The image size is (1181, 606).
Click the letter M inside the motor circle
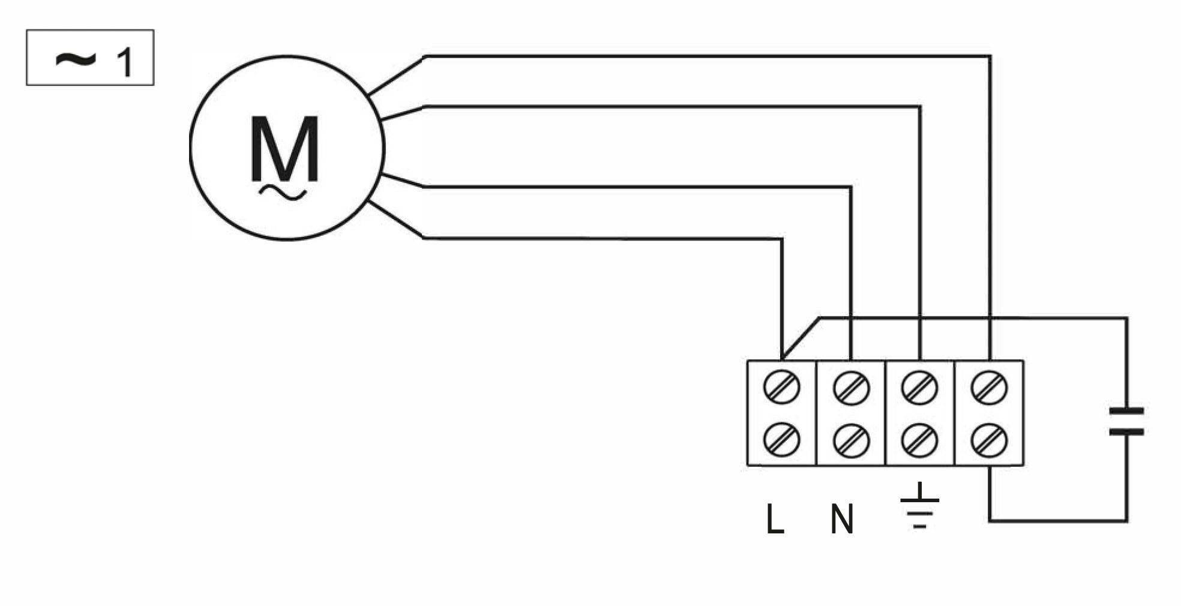coord(284,148)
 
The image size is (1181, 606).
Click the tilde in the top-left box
coord(75,59)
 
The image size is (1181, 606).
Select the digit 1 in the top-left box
coord(124,62)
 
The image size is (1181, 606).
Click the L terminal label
coord(775,519)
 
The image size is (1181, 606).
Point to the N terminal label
coord(841,519)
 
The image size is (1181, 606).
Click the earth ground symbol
coord(919,507)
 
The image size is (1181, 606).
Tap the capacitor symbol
coord(1126,421)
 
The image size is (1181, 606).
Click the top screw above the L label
coord(781,387)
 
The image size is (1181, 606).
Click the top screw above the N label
coord(851,388)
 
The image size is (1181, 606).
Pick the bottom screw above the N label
coord(851,440)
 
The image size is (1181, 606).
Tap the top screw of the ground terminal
coord(920,388)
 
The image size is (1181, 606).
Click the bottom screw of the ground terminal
coord(920,440)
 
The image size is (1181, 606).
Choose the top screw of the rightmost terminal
coord(989,388)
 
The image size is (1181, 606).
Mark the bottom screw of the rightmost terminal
coord(989,440)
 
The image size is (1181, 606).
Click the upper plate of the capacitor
coord(1126,411)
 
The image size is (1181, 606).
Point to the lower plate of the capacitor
coord(1126,431)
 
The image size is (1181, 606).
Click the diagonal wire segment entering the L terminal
coord(801,338)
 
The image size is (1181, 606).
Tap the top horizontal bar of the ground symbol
coord(919,500)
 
